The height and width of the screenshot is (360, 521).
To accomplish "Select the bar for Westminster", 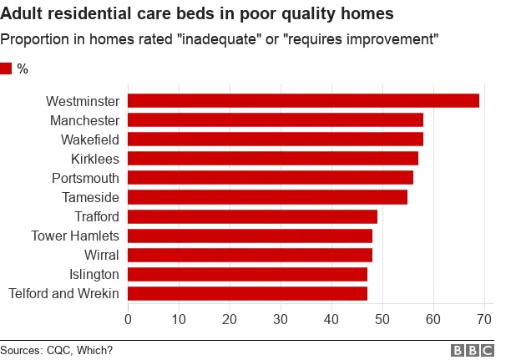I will point(303,100).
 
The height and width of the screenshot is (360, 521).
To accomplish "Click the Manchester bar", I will point(276,119).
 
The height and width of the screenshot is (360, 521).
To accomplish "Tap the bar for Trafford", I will point(252,216).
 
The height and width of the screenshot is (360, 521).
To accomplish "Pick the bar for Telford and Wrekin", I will point(247,293).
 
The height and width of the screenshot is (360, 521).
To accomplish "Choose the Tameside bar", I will point(267,197).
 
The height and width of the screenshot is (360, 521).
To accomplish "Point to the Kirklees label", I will point(95,159).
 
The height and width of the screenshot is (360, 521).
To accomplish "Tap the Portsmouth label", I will point(86,178).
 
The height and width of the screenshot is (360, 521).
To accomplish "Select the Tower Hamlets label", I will point(75,236).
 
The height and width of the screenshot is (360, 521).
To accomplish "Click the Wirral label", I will point(102,255).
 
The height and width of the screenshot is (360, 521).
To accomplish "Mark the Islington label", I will point(94,274).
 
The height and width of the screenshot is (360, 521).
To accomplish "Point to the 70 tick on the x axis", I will point(484,319).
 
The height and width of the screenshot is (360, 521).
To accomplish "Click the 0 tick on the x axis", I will point(128,319).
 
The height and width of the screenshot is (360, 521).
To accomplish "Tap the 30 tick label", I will point(281,319).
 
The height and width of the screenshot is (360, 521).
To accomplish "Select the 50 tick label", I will point(382,319).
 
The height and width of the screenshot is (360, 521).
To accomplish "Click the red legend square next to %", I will point(7,69).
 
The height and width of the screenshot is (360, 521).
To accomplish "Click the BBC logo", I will point(473,350).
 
